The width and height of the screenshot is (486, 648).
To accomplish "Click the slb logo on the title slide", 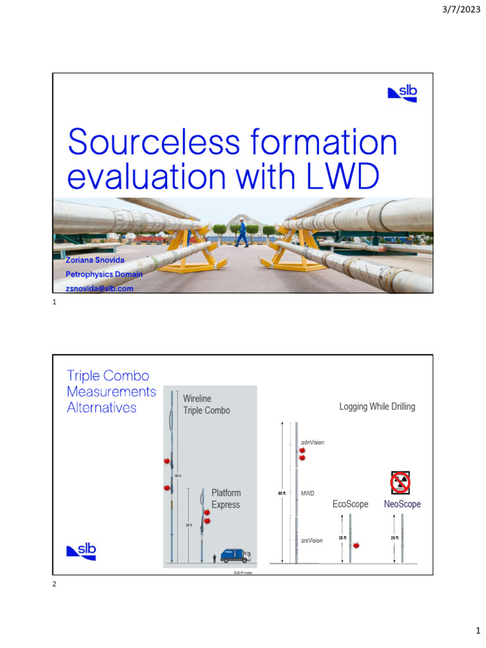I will [x=402, y=94].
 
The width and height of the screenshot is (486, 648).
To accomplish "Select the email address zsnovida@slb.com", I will [x=99, y=288].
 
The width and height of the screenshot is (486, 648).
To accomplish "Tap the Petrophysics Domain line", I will [x=104, y=274].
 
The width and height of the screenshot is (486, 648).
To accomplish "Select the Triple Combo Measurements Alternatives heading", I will [x=111, y=392].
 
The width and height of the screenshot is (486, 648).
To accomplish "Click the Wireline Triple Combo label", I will [x=206, y=404].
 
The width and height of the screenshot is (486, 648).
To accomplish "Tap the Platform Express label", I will [x=226, y=499].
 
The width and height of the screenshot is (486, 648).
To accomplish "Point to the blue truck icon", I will [x=235, y=556].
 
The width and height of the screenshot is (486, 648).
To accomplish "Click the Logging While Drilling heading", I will [x=377, y=406].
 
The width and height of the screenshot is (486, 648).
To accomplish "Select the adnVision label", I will [x=313, y=442].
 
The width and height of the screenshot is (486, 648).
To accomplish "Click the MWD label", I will [x=308, y=492].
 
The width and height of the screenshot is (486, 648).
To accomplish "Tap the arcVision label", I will [x=311, y=540].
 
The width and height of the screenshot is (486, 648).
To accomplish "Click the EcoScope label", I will [x=351, y=504].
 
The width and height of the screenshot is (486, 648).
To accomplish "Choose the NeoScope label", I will [x=402, y=504].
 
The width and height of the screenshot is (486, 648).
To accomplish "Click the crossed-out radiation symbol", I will [x=401, y=483].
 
